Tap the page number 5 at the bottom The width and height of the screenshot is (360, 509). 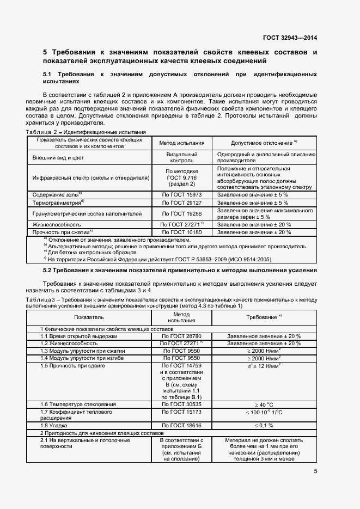pyautogui.click(x=315, y=471)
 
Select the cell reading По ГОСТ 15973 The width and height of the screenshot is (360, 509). pyautogui.click(x=181, y=194)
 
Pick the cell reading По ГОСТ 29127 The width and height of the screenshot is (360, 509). pyautogui.click(x=181, y=203)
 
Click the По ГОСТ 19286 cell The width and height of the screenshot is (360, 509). pyautogui.click(x=181, y=213)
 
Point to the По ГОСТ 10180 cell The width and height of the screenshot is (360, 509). pyautogui.click(x=181, y=232)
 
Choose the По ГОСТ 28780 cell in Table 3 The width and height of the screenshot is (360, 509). pyautogui.click(x=181, y=336)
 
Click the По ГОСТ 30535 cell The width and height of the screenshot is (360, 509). pyautogui.click(x=181, y=404)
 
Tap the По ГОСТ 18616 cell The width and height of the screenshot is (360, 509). pyautogui.click(x=181, y=425)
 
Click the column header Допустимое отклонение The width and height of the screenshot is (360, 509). pyautogui.click(x=264, y=143)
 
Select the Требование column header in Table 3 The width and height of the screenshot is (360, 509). pyautogui.click(x=264, y=316)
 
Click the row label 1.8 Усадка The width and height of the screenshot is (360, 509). pyautogui.click(x=53, y=425)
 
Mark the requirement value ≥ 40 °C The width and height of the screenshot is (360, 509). pyautogui.click(x=264, y=404)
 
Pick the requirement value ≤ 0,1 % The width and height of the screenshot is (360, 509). pyautogui.click(x=264, y=425)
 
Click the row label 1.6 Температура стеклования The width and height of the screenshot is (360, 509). pyautogui.click(x=78, y=404)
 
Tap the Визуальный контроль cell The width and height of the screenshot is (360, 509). pyautogui.click(x=181, y=158)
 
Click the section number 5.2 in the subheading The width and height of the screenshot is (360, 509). pyautogui.click(x=49, y=270)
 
